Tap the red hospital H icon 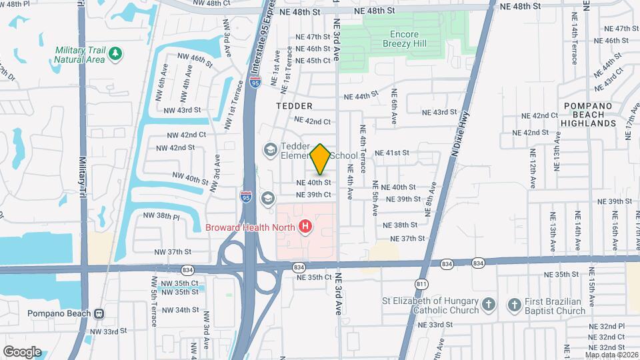coord(306,227)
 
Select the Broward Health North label coord(251,227)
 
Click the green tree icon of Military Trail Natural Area coord(115,53)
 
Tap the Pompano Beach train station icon coord(99,313)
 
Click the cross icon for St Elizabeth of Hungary coord(489,305)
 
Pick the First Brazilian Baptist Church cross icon coord(514,305)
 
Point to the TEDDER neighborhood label coord(294,106)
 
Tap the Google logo coord(22,351)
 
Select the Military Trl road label coord(83,181)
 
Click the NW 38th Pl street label coord(162,216)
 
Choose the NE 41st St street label coord(391,153)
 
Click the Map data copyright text coord(611,354)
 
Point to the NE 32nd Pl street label coord(607,327)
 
